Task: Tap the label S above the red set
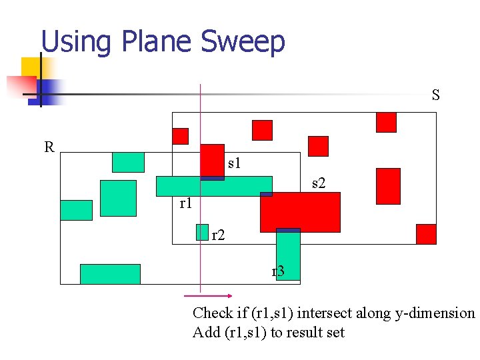(x=435, y=95)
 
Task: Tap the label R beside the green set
(x=49, y=147)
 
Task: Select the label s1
(x=234, y=162)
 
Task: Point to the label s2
(x=319, y=183)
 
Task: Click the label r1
(x=186, y=203)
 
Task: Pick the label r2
(x=218, y=235)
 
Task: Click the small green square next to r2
(x=202, y=231)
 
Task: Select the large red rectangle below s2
(x=300, y=212)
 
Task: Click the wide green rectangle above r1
(x=214, y=186)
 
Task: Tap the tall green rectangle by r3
(x=289, y=253)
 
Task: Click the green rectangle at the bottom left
(x=110, y=274)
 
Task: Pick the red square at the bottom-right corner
(x=426, y=234)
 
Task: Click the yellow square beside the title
(x=32, y=68)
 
